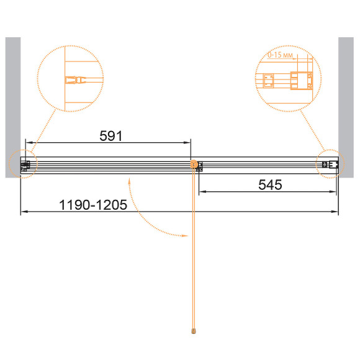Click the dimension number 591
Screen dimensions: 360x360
tap(111, 136)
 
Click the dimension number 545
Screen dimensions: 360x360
tap(270, 185)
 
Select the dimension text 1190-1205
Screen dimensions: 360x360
tap(93, 205)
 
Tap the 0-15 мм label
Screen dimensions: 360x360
tap(280, 55)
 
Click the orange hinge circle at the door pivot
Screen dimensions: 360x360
tap(194, 164)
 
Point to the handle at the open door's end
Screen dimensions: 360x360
tap(194, 331)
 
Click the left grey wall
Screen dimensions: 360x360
tap(13, 107)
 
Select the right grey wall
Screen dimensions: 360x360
tap(346, 107)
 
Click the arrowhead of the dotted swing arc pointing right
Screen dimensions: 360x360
tap(185, 236)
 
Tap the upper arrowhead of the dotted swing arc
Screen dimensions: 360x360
tap(129, 182)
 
